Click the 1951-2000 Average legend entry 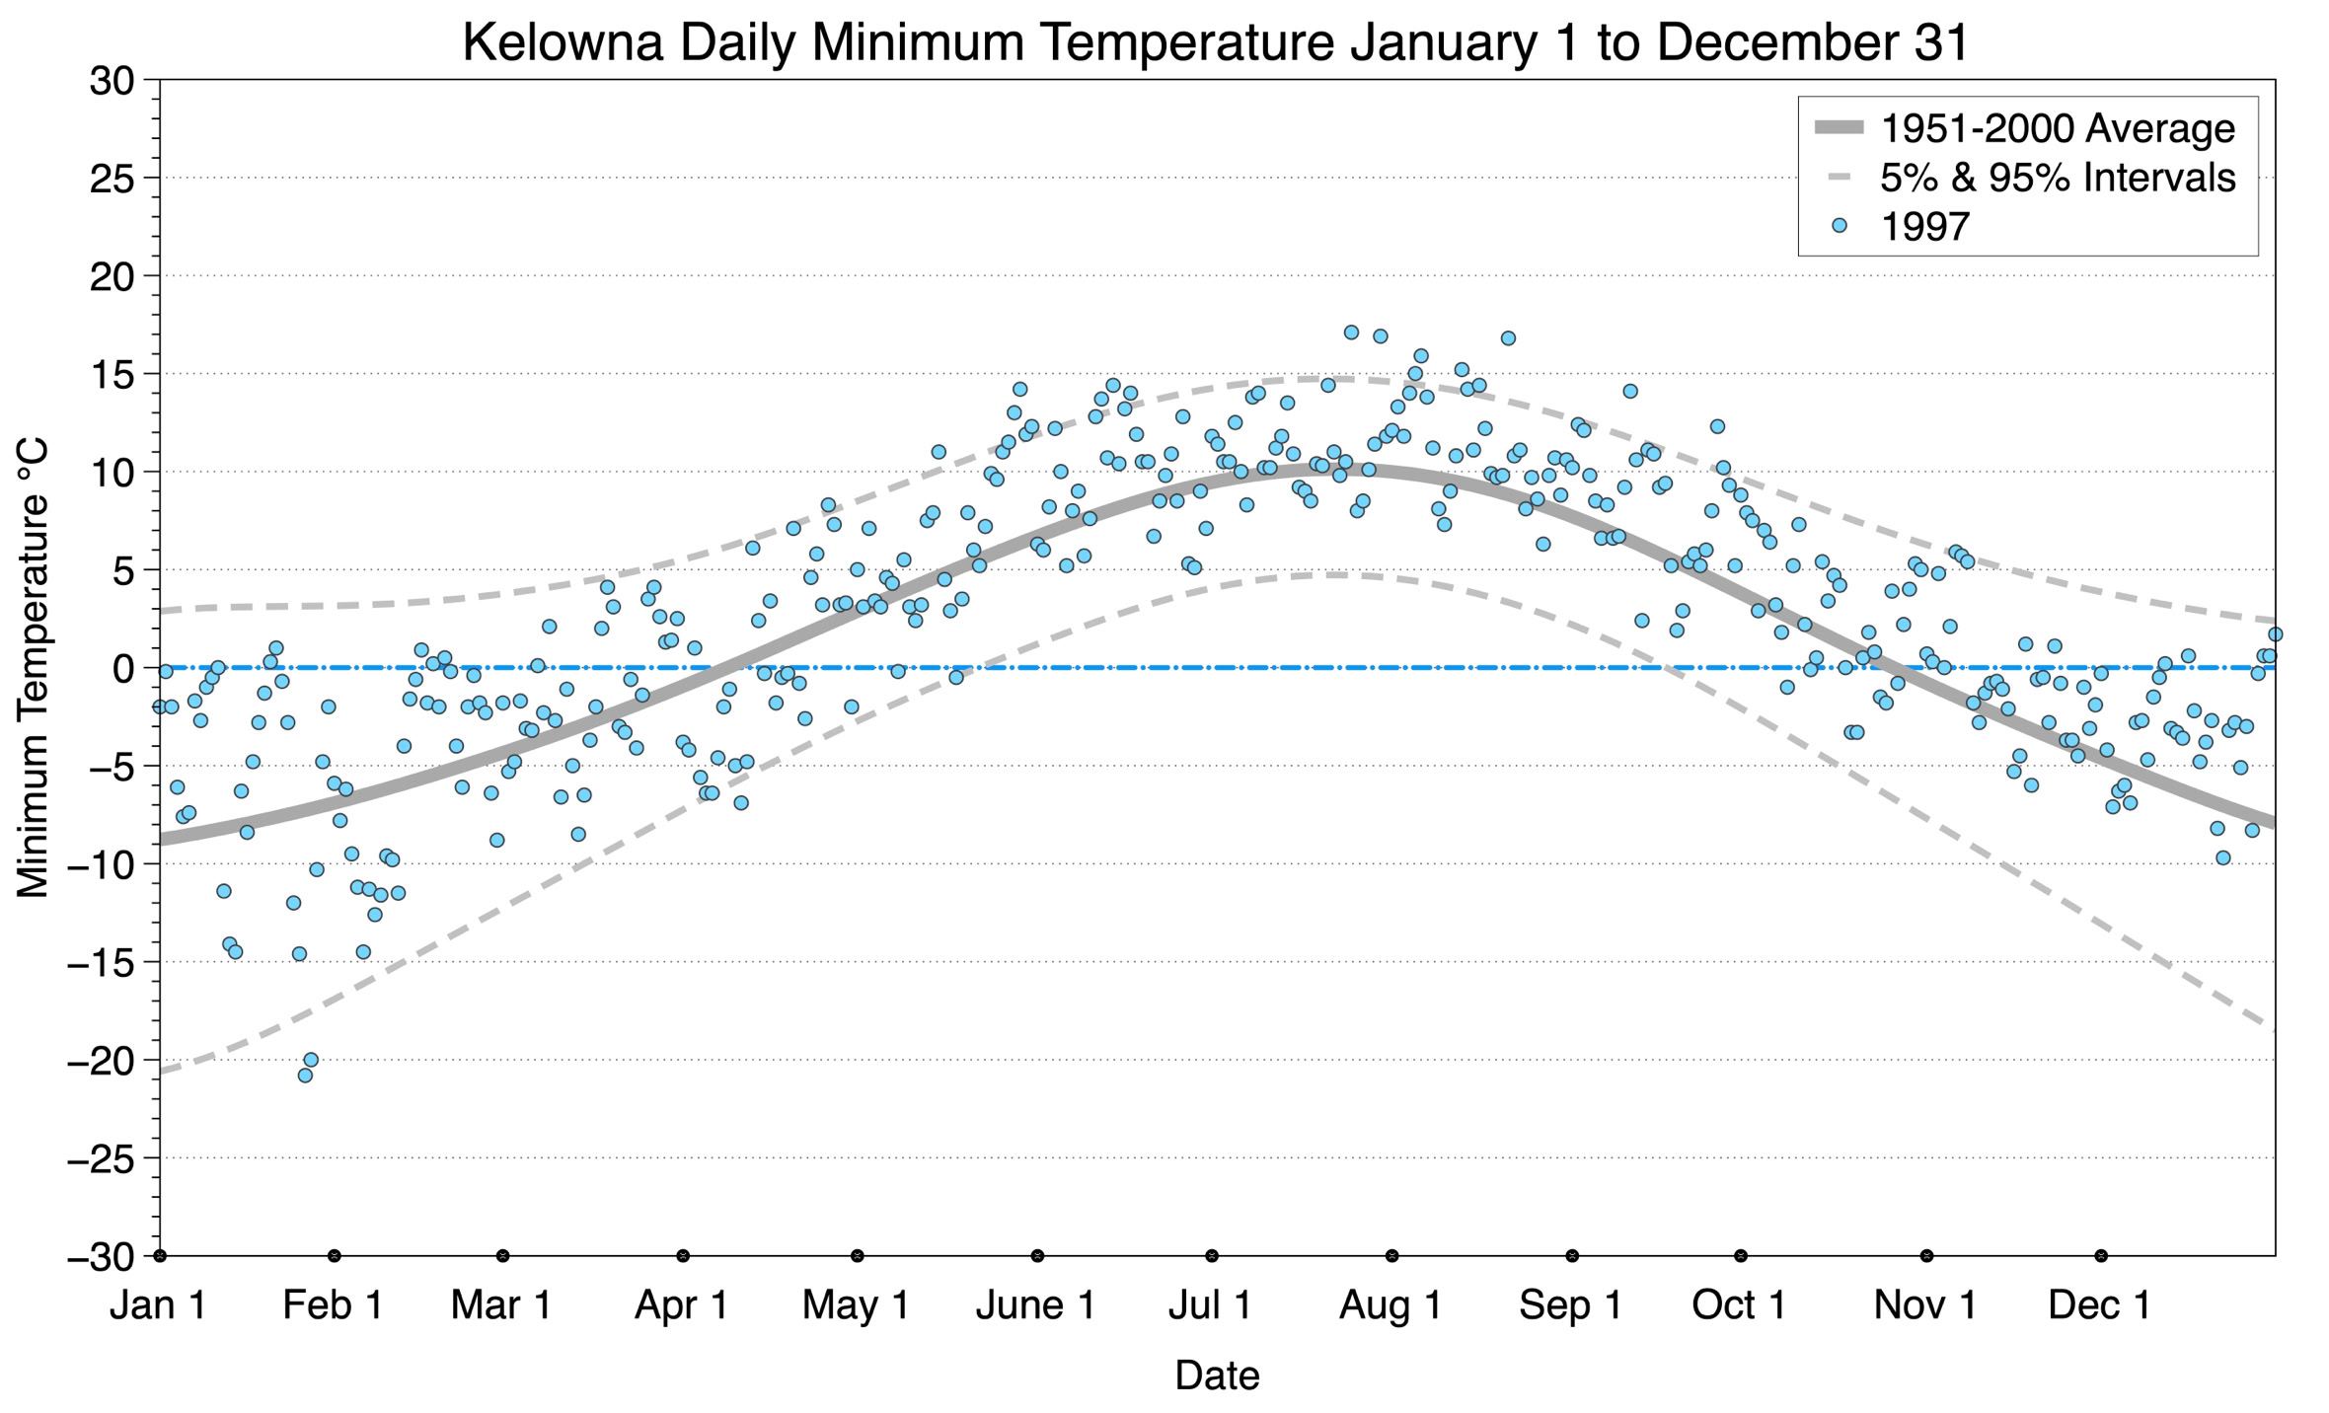(x=2057, y=128)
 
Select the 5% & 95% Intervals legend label (x=2057, y=178)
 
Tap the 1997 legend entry (x=1924, y=227)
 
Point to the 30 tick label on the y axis (x=111, y=81)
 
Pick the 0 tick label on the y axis (x=122, y=669)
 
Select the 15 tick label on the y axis (x=111, y=375)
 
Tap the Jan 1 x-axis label (x=158, y=1305)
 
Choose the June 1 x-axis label (x=1035, y=1305)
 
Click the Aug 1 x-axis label (x=1390, y=1305)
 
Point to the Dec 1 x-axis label (x=2100, y=1305)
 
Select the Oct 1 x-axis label (x=1739, y=1305)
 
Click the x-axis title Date (x=1217, y=1376)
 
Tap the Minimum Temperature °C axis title (x=34, y=669)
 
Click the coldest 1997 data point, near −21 (x=305, y=1076)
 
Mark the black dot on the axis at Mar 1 (x=503, y=1256)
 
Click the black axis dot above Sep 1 (x=1572, y=1256)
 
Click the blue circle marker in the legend (x=1839, y=226)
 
